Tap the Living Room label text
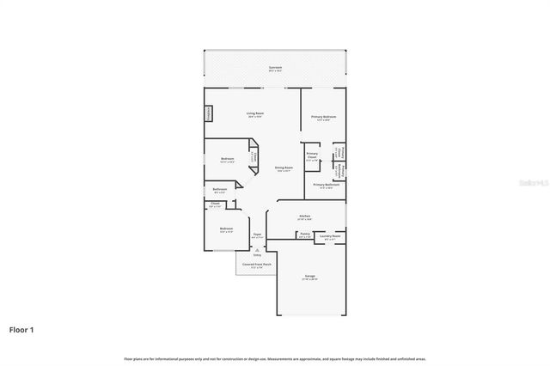(255, 113)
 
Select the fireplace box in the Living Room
(208, 114)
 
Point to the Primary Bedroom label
(323, 116)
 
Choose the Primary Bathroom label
(326, 185)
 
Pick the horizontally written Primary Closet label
(311, 155)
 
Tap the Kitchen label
(304, 216)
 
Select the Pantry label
(304, 233)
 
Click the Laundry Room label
(330, 235)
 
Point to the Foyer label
(256, 234)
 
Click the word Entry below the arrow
(256, 255)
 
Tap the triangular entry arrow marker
(256, 249)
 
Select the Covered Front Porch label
(255, 265)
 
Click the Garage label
(309, 276)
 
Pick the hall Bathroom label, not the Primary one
(220, 189)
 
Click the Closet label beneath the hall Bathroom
(215, 204)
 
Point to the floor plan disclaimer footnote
(274, 357)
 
